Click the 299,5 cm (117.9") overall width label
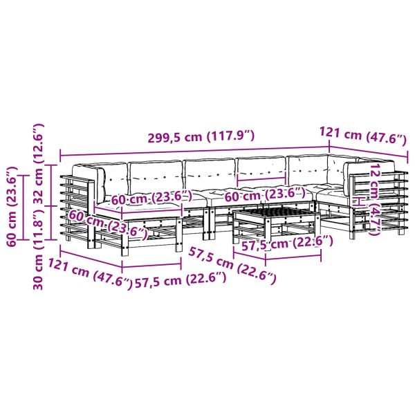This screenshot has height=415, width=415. click(x=201, y=136)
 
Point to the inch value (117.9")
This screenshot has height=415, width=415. click(x=231, y=136)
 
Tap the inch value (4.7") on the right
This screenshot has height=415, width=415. click(x=374, y=221)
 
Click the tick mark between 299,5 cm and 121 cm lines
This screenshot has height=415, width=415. click(x=329, y=147)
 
